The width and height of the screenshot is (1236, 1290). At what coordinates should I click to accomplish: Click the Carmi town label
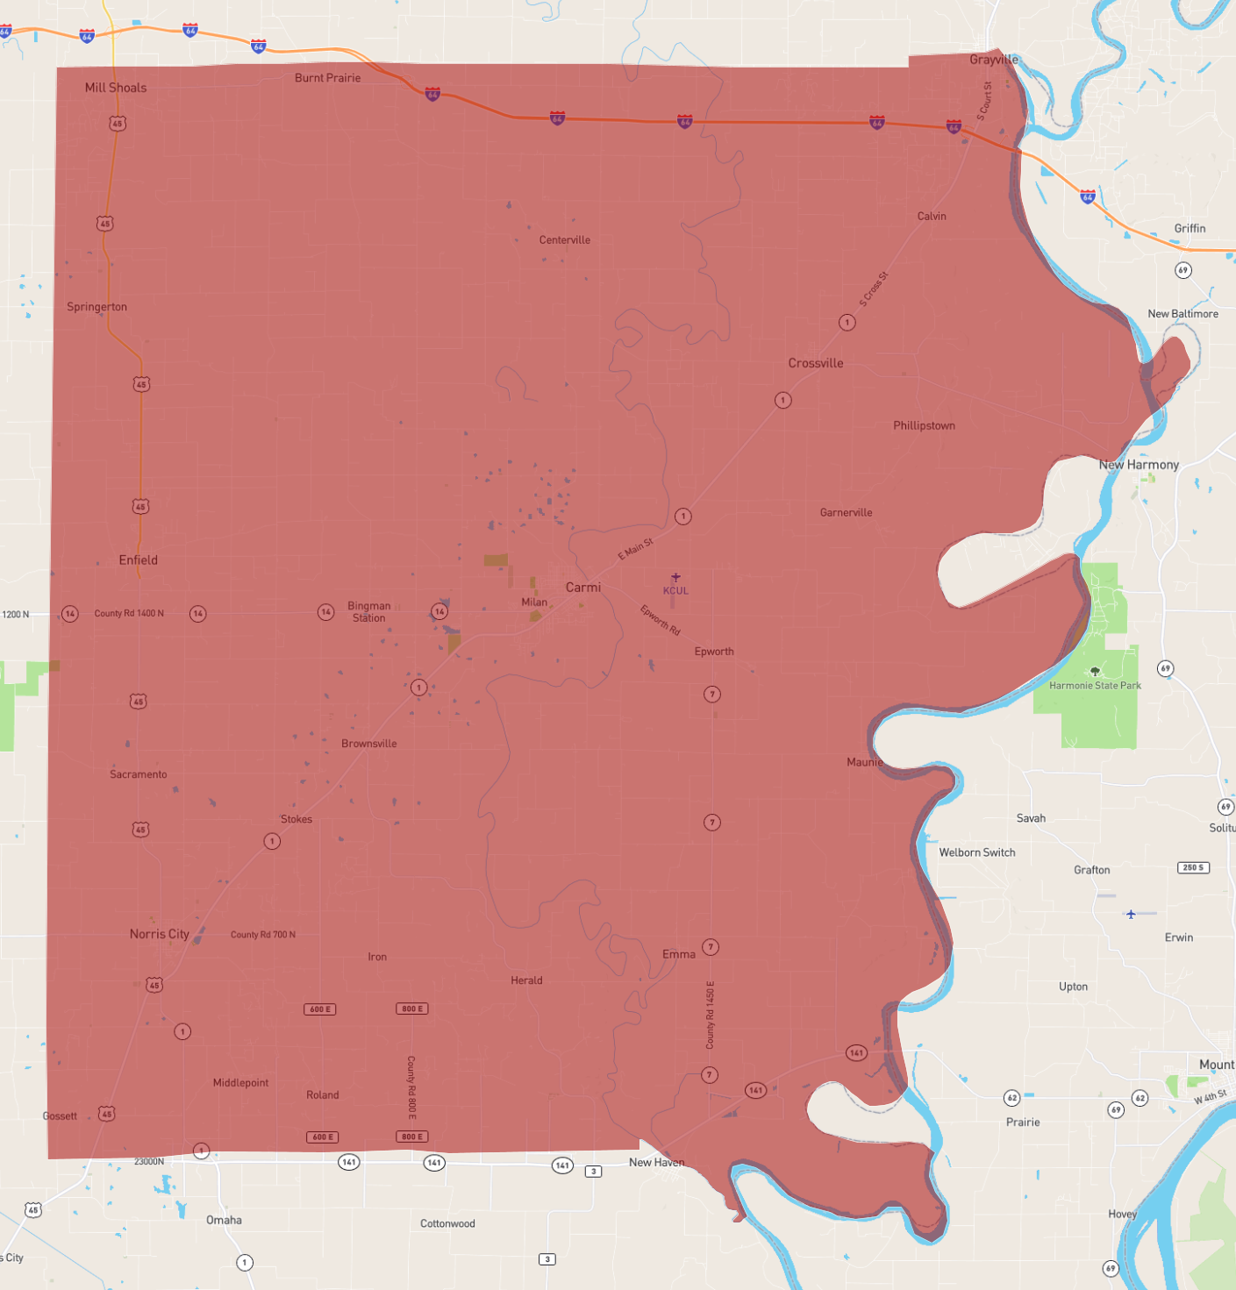click(583, 588)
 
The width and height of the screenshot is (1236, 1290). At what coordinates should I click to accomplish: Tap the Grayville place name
click(994, 60)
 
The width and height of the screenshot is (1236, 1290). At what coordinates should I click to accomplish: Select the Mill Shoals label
click(116, 88)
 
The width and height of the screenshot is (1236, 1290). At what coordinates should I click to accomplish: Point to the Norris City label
click(160, 934)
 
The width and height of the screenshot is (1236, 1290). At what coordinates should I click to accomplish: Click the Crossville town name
click(816, 363)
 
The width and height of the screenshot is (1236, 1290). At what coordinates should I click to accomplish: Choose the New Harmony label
click(1139, 465)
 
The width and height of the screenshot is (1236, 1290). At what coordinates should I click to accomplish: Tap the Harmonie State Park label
click(1095, 686)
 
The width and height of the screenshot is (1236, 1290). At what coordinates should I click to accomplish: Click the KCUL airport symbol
click(675, 577)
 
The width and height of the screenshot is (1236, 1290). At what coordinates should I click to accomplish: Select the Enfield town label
click(139, 560)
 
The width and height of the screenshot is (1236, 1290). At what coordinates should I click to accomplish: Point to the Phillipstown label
click(924, 425)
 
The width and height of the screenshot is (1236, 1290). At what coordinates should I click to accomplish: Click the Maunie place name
click(864, 762)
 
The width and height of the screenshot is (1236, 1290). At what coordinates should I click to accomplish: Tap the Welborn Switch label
click(977, 852)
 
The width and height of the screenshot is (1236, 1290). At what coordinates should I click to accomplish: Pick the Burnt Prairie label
click(327, 78)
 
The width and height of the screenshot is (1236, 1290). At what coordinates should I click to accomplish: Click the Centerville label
click(565, 240)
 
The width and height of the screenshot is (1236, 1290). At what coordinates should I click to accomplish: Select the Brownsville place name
click(369, 744)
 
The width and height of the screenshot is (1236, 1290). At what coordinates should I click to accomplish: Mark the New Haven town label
click(656, 1163)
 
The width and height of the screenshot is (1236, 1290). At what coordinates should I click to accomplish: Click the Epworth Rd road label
click(660, 620)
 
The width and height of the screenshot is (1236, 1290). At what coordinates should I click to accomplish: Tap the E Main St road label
click(636, 549)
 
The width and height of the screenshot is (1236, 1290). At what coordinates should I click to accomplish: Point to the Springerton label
click(96, 307)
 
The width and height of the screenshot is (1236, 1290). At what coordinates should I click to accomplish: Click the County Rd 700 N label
click(263, 935)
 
